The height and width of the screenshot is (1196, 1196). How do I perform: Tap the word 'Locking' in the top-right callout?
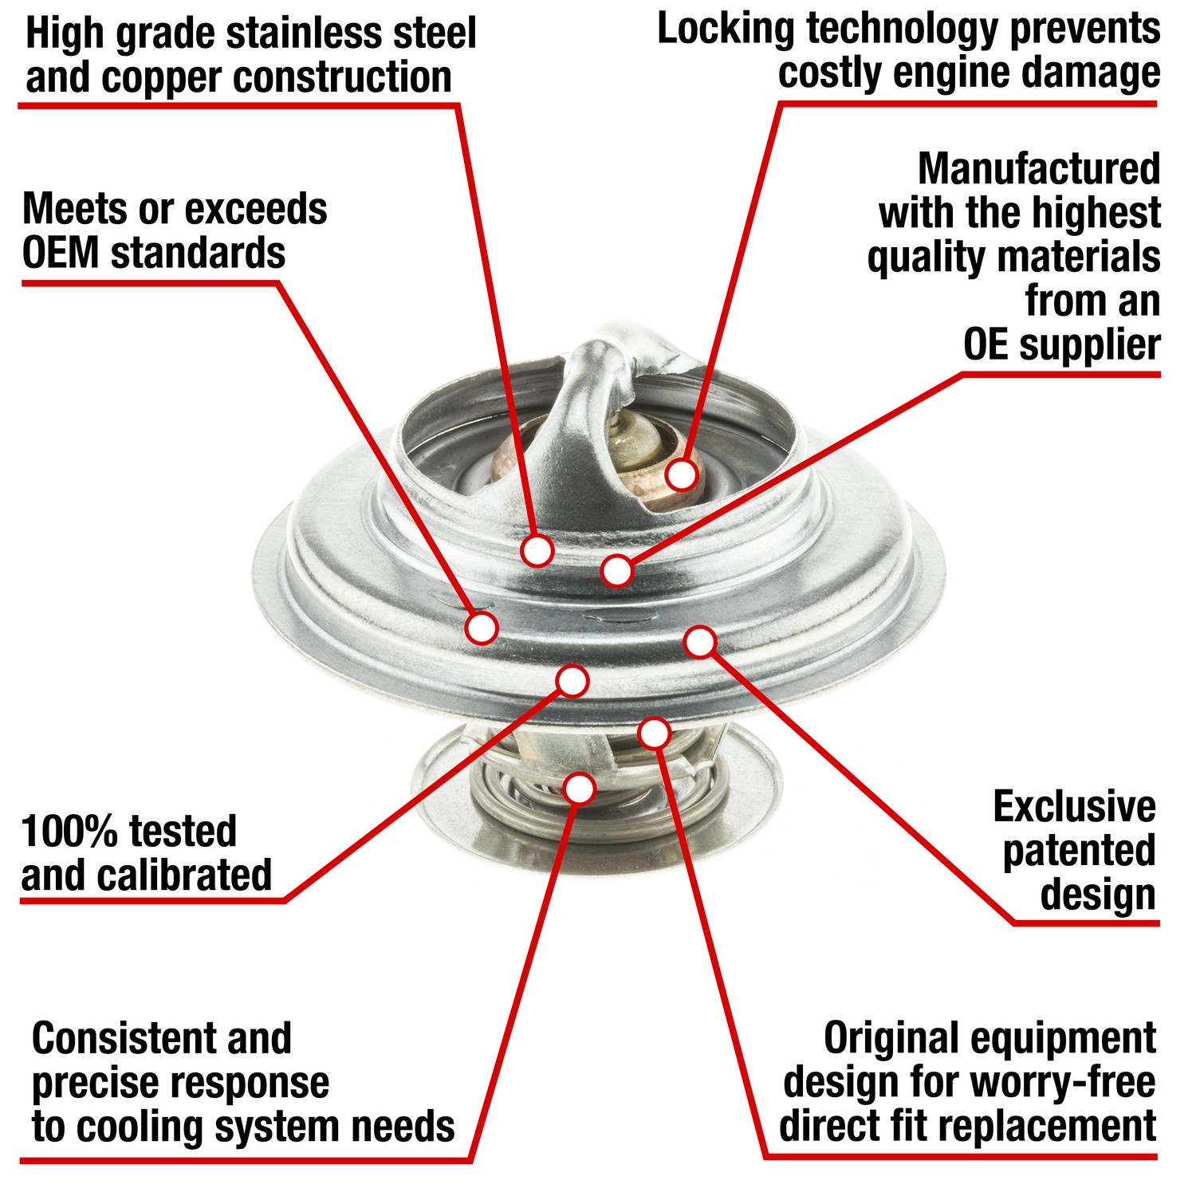[726, 30]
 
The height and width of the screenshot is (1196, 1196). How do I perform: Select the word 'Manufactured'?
[1039, 169]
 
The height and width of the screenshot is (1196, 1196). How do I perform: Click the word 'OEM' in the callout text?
[61, 254]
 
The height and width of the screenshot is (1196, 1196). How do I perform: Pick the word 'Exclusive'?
[1074, 807]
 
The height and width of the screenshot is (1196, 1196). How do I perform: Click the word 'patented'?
[1079, 851]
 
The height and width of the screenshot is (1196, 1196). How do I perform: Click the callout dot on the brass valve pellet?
[681, 474]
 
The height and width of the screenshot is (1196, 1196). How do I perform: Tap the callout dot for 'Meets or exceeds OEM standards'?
[481, 628]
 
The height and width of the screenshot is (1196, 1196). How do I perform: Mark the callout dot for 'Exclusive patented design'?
[700, 642]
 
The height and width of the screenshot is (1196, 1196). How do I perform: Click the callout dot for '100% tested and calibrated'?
[572, 681]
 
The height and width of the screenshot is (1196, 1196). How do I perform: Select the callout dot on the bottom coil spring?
[580, 788]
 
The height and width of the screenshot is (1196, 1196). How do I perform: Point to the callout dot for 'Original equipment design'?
[654, 733]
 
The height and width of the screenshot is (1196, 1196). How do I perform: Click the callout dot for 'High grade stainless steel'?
[537, 550]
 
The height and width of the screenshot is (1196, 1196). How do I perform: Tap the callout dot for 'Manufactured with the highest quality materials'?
[617, 570]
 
